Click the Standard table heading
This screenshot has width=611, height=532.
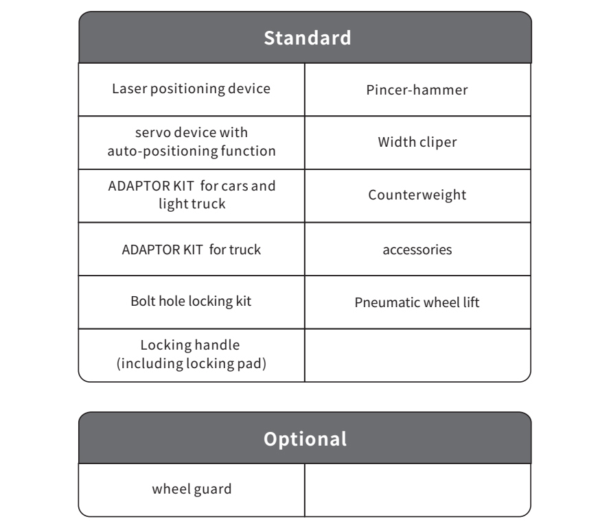(x=308, y=38)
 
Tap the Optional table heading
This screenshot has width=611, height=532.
(x=305, y=439)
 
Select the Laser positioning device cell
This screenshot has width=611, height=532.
(x=192, y=89)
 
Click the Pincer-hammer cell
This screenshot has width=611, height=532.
(x=417, y=90)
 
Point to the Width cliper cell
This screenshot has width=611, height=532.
(x=417, y=143)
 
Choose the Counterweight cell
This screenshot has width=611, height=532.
(x=417, y=195)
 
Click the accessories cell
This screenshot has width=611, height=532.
(x=417, y=250)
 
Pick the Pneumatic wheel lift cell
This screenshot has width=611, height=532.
(x=417, y=302)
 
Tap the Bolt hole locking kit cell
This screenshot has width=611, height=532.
(x=191, y=302)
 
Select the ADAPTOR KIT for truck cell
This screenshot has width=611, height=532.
(x=192, y=250)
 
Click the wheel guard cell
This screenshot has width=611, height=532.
(x=192, y=489)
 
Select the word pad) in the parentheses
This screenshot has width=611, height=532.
(x=252, y=364)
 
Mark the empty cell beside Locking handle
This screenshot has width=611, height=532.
(x=417, y=355)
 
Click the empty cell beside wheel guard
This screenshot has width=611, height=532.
(x=417, y=490)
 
